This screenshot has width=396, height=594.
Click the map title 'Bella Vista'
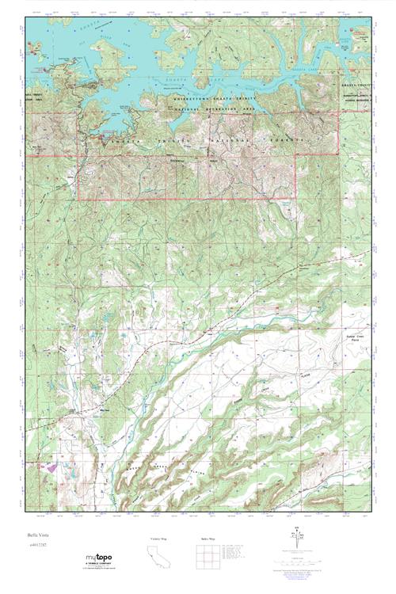click(x=36, y=535)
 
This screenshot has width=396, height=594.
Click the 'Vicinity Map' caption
click(x=158, y=539)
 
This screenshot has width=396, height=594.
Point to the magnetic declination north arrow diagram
click(x=298, y=543)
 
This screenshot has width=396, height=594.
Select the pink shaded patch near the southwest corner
click(x=52, y=468)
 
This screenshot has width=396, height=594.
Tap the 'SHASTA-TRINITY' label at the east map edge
click(x=356, y=93)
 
